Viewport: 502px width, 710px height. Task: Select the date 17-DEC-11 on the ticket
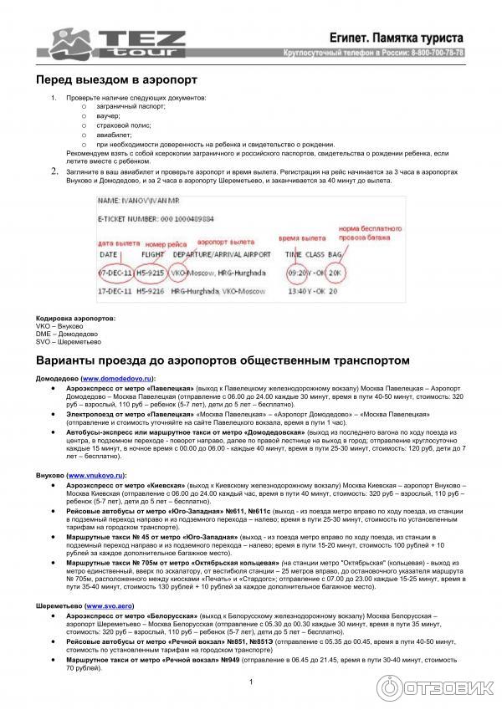coord(114,292)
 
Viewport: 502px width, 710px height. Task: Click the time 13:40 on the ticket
coord(295,292)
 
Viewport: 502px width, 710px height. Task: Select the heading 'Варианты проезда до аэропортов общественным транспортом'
coord(223,360)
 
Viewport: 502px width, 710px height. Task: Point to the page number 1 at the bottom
coord(251,682)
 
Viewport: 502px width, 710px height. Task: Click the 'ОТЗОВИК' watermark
coord(451,687)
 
